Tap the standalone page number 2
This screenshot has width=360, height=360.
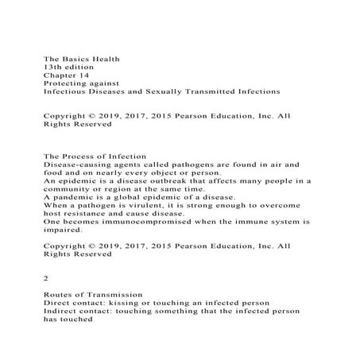click(x=46, y=280)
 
